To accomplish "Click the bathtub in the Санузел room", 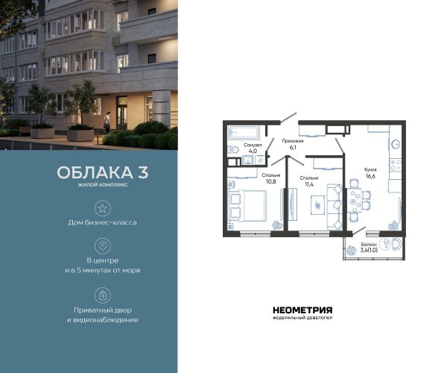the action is tap(243, 133).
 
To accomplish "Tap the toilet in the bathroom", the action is tap(233, 149).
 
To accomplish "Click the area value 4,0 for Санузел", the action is tap(253, 151).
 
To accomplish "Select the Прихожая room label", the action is tap(293, 141).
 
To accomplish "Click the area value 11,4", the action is tap(309, 184).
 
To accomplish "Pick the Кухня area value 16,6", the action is tap(370, 176).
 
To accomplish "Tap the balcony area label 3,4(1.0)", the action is tap(369, 251).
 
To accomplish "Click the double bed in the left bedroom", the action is tap(247, 206).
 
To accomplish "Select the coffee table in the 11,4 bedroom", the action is tap(317, 205).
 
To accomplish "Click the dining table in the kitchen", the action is tap(354, 200).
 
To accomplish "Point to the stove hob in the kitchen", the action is tap(396, 165).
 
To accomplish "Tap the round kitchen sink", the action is tap(396, 145).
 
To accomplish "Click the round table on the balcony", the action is tap(386, 243).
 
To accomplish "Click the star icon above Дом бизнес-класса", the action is tap(102, 208).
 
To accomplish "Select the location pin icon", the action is tap(103, 245).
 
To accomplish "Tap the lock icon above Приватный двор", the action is tap(103, 295).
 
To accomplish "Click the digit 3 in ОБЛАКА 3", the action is tap(143, 172).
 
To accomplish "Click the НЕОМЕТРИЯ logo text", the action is tap(302, 310).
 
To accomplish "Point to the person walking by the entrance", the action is tap(107, 122).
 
